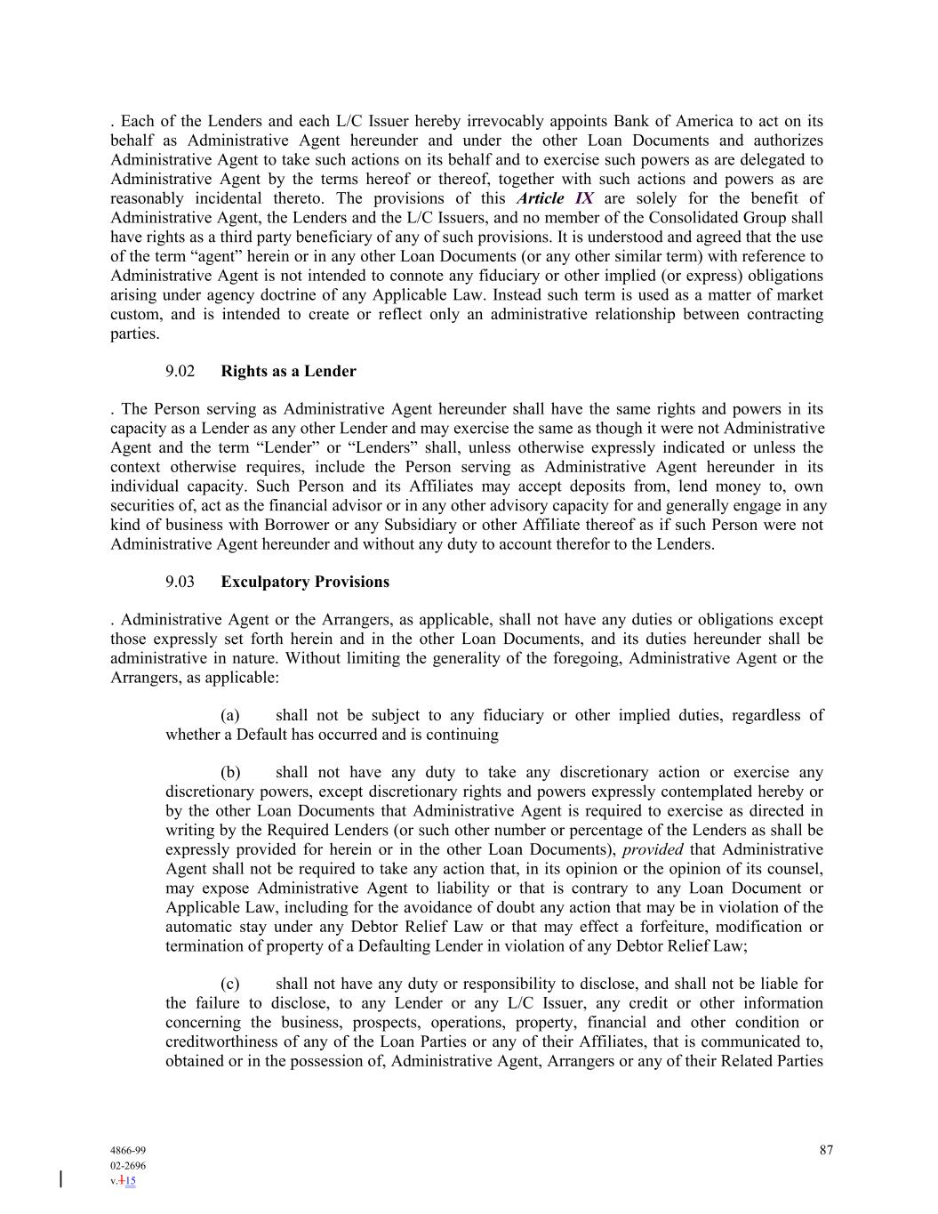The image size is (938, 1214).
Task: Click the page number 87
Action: coord(826,1150)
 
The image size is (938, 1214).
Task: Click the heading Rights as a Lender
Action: coord(288,372)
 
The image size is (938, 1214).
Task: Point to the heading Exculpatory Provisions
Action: coord(305,583)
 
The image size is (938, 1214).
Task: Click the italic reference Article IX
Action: coord(555,198)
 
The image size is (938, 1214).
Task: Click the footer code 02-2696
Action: coord(128,1166)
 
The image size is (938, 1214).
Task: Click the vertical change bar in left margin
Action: coord(60,1179)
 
